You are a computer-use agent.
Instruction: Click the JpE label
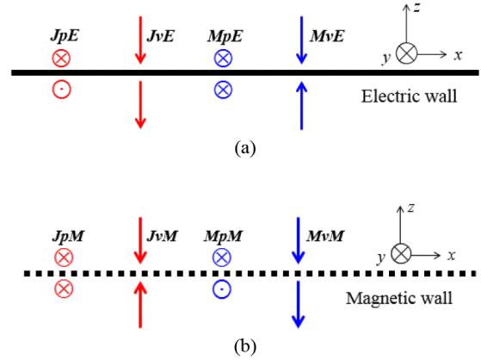[65, 36]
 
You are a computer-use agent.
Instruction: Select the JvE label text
[160, 36]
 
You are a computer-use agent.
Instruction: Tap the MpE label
[225, 36]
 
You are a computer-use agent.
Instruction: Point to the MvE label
[327, 36]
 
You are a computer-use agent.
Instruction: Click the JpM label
[68, 236]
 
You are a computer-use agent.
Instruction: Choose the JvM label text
[163, 236]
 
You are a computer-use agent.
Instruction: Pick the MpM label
[224, 236]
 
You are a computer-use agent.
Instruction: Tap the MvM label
[325, 236]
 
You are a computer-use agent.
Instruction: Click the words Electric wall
[410, 96]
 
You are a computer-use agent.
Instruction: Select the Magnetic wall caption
[399, 298]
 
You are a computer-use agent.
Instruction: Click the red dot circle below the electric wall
[62, 90]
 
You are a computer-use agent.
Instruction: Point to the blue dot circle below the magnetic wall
[222, 289]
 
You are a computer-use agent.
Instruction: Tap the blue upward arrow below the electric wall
[301, 105]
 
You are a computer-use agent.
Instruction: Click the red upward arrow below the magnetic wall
[140, 305]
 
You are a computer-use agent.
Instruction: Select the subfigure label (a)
[245, 148]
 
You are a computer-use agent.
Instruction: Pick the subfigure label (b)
[245, 347]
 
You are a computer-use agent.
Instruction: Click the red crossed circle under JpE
[61, 58]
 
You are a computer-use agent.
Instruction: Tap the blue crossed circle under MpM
[222, 258]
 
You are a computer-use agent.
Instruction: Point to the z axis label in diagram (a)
[416, 8]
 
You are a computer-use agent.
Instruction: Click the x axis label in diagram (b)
[451, 255]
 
